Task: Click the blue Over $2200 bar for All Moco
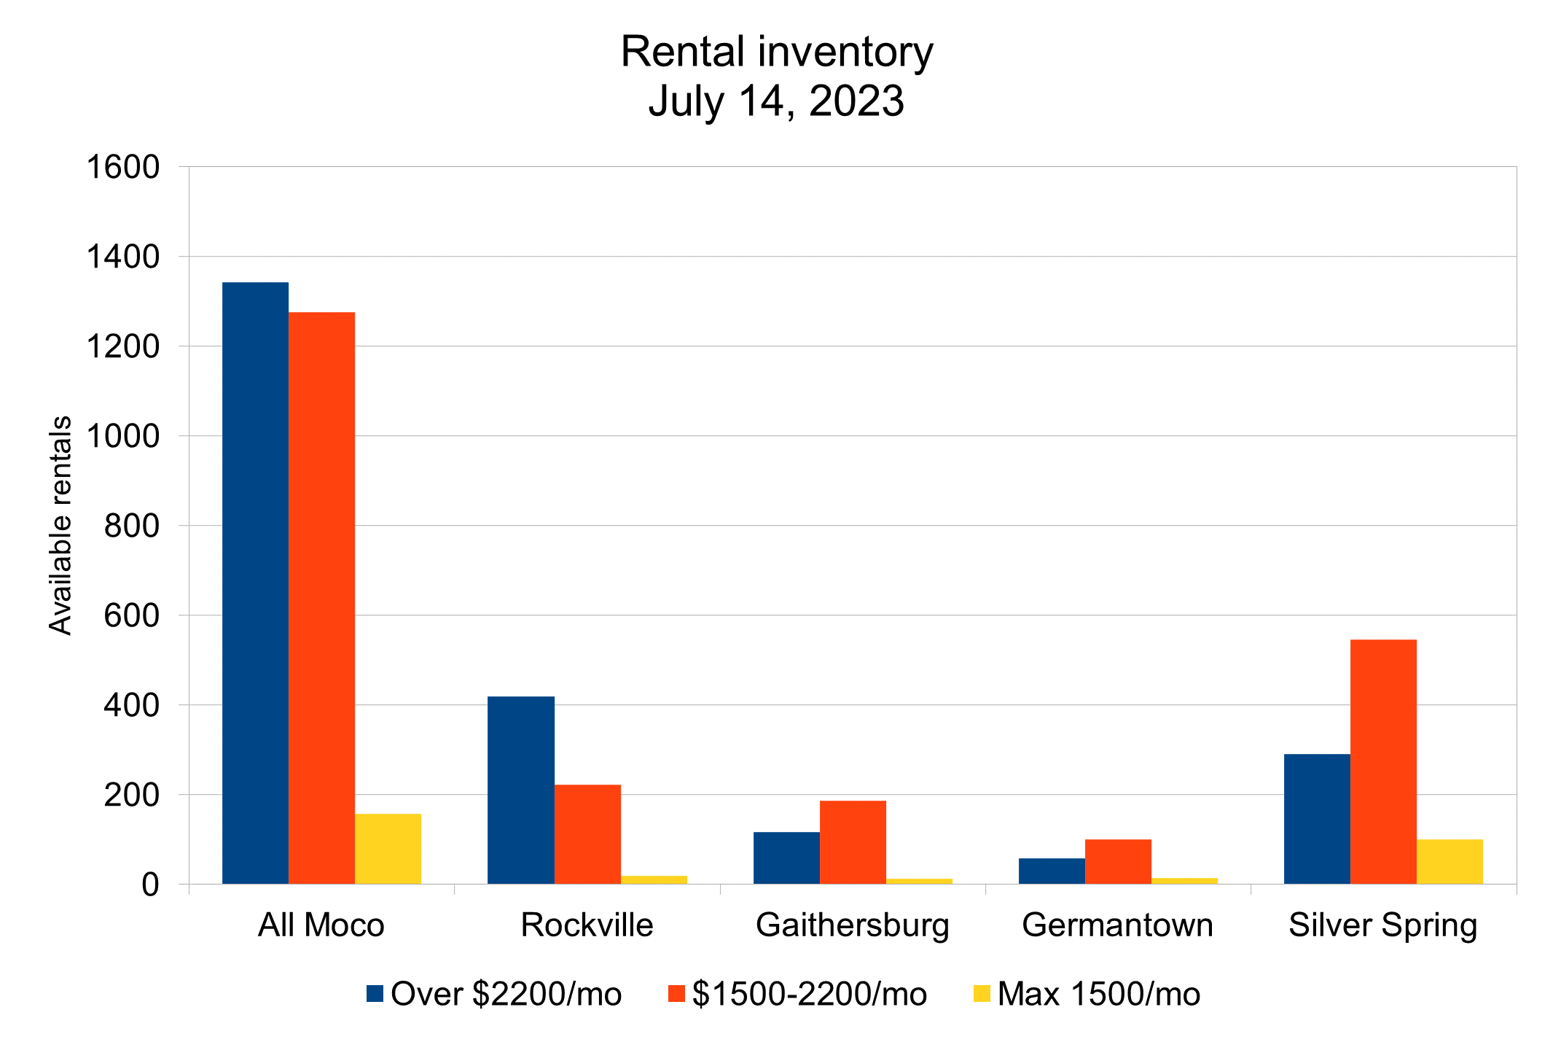pyautogui.click(x=255, y=583)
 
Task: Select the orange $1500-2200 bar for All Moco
pyautogui.click(x=321, y=598)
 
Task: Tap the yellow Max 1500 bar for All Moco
pyautogui.click(x=388, y=849)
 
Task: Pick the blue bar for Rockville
pyautogui.click(x=521, y=790)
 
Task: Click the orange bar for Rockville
pyautogui.click(x=587, y=834)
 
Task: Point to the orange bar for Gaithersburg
pyautogui.click(x=853, y=842)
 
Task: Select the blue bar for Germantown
pyautogui.click(x=1052, y=871)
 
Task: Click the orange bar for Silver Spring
pyautogui.click(x=1383, y=762)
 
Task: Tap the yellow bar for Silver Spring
pyautogui.click(x=1450, y=862)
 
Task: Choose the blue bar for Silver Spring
pyautogui.click(x=1317, y=819)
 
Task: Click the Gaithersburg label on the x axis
pyautogui.click(x=853, y=925)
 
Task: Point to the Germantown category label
pyautogui.click(x=1117, y=925)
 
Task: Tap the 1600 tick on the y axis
pyautogui.click(x=123, y=167)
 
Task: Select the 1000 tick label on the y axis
pyautogui.click(x=123, y=436)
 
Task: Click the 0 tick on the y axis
pyautogui.click(x=150, y=885)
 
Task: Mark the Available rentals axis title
pyautogui.click(x=61, y=525)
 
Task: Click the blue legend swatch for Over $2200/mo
pyautogui.click(x=375, y=994)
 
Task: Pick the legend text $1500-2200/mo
pyautogui.click(x=809, y=994)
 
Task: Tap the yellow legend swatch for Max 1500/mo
pyautogui.click(x=982, y=994)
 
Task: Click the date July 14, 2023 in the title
pyautogui.click(x=776, y=101)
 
